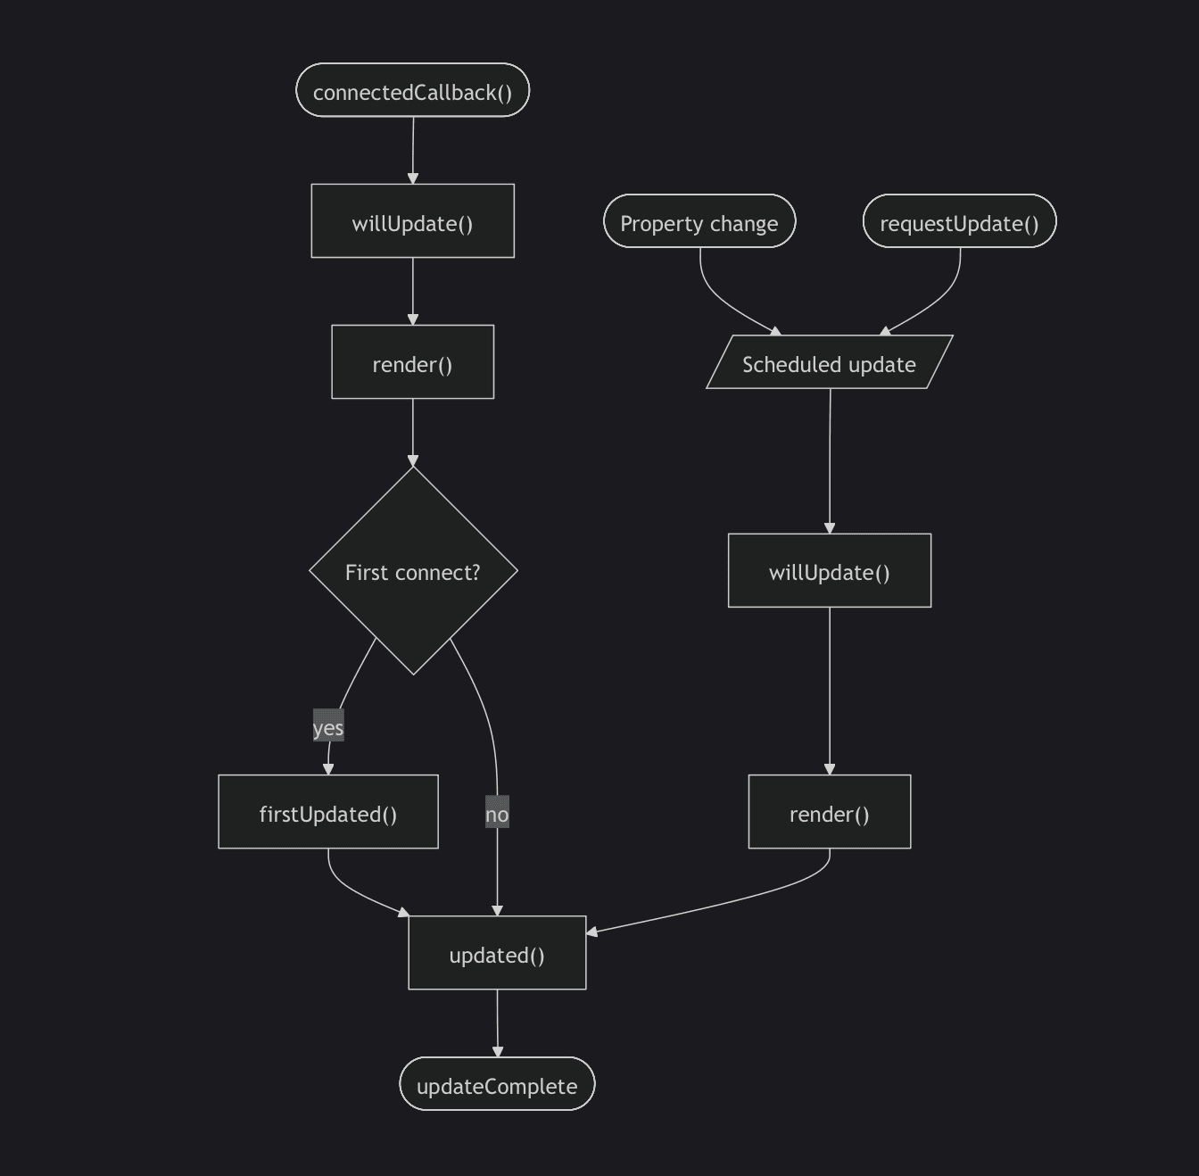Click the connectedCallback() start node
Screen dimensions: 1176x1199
click(412, 91)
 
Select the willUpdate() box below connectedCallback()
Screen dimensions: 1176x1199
click(412, 222)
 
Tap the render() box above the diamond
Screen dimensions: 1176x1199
click(412, 362)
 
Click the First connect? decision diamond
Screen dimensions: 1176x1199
click(413, 571)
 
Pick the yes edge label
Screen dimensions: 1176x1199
click(328, 727)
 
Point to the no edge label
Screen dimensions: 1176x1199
click(497, 813)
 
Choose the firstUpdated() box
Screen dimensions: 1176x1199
click(328, 812)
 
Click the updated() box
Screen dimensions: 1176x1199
click(497, 953)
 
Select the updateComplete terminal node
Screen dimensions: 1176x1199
click(497, 1084)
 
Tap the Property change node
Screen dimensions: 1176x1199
click(699, 221)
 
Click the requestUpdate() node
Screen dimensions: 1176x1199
click(959, 221)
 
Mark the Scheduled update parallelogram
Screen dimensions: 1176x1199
click(830, 362)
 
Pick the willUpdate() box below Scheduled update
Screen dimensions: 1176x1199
click(830, 571)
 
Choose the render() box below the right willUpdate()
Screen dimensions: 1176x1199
click(830, 812)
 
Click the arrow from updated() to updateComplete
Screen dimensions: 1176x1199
click(497, 1023)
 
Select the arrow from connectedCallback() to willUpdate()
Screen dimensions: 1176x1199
click(413, 150)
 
